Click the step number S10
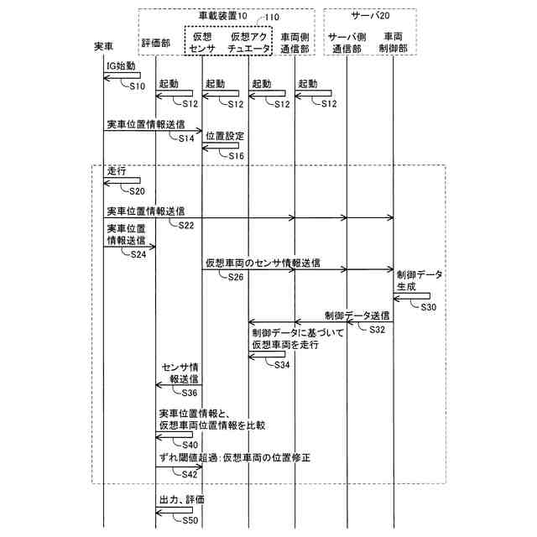pos(138,86)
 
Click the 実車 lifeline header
pos(103,48)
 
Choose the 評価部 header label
pos(156,42)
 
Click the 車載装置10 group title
pos(222,16)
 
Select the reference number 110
pos(272,16)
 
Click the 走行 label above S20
pos(117,170)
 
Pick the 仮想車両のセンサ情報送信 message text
pos(263,263)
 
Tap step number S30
pos(428,308)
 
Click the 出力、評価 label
pos(182,499)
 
